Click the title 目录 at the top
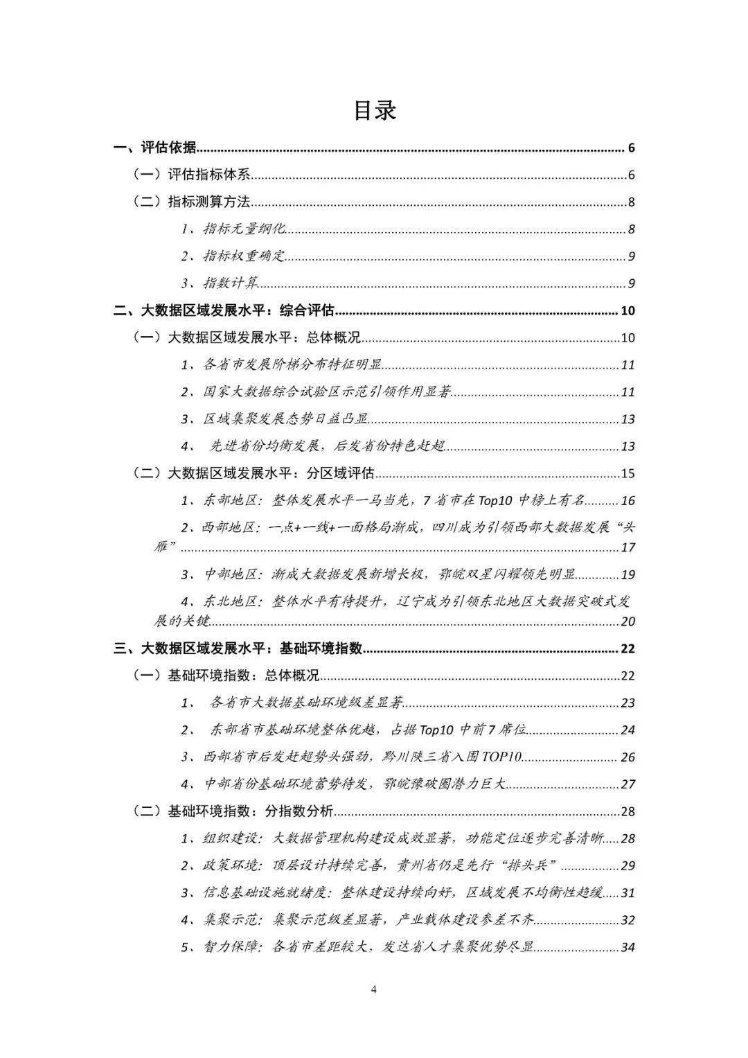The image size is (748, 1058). (x=375, y=111)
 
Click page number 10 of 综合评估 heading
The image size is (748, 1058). (x=627, y=310)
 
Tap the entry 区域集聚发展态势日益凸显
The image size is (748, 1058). (x=285, y=419)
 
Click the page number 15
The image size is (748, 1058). (x=627, y=473)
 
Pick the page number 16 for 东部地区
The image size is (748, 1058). (x=627, y=501)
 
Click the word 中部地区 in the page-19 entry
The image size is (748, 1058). (x=231, y=574)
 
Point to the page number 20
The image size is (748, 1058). (x=627, y=621)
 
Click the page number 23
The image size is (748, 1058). (x=627, y=703)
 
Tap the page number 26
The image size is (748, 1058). (x=627, y=757)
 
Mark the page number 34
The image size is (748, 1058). (x=627, y=947)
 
